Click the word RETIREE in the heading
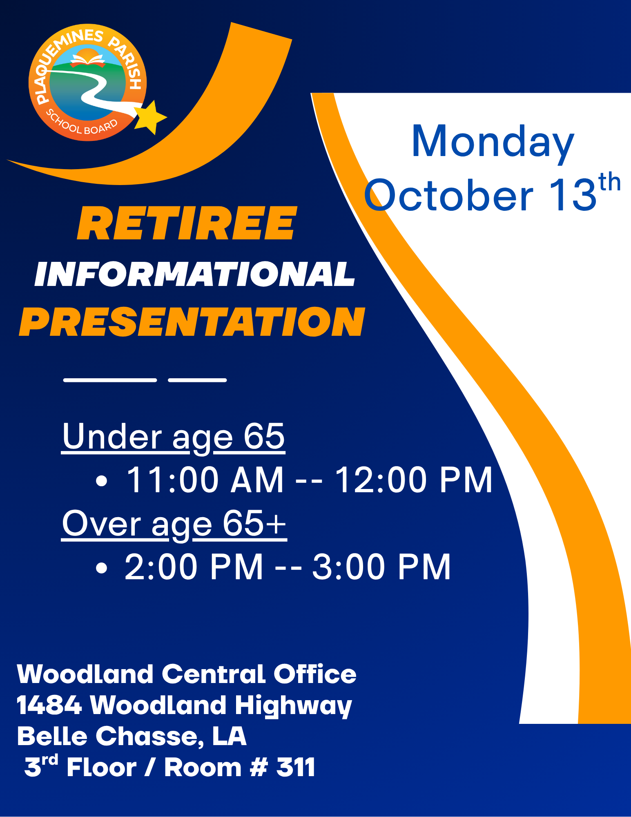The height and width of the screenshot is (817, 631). coord(187,223)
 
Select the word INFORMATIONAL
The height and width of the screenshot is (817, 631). coord(195,274)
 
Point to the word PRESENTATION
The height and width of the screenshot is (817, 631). coord(192,322)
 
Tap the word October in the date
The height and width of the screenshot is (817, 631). coord(448,195)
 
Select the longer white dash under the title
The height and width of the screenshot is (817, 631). coord(110,380)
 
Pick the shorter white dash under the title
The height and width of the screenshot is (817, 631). coord(197,380)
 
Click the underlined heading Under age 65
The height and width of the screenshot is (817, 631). coord(173,437)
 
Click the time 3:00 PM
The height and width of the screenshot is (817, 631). coord(381,567)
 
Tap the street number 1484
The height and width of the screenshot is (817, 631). coord(49,705)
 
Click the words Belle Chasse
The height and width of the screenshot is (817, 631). coord(110,736)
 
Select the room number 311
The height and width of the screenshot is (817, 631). coord(296,767)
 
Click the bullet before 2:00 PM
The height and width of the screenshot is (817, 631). coord(101,567)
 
